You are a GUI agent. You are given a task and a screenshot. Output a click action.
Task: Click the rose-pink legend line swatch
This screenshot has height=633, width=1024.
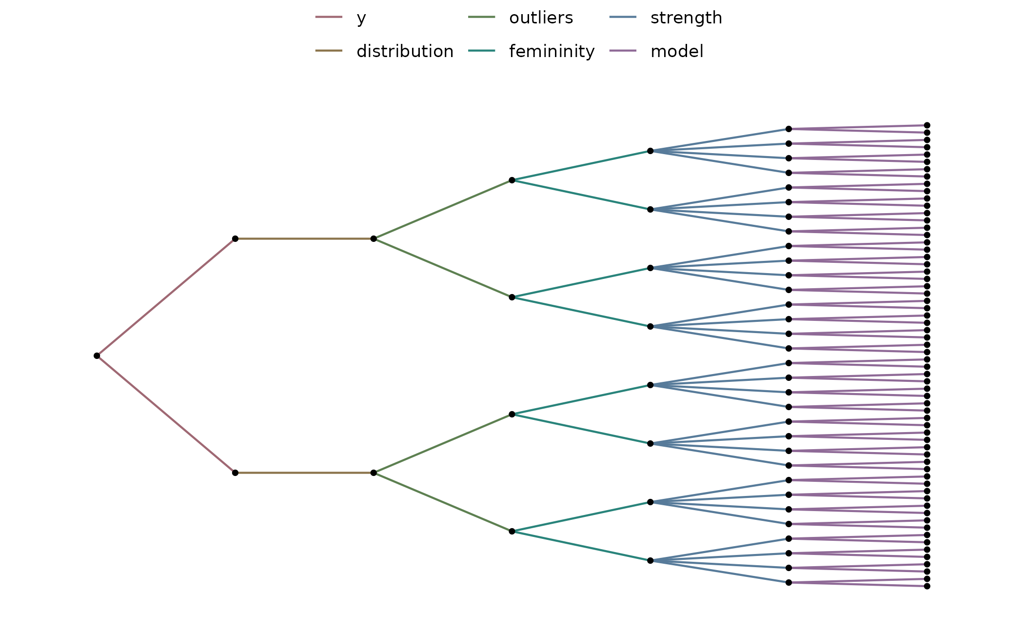click(329, 17)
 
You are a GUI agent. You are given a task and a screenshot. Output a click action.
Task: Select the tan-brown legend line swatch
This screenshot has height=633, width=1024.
click(329, 50)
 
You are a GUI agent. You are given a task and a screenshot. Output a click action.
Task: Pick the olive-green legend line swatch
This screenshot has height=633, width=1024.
click(481, 17)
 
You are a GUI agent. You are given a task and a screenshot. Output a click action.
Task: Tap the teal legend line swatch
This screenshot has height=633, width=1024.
click(481, 50)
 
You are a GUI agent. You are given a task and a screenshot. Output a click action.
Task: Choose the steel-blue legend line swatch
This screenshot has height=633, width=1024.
click(623, 17)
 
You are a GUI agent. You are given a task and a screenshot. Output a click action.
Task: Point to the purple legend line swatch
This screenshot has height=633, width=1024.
click(623, 50)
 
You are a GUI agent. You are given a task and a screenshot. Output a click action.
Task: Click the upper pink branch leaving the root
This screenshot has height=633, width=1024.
click(166, 297)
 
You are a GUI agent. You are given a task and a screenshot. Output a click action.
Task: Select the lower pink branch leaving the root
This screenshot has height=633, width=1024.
click(166, 414)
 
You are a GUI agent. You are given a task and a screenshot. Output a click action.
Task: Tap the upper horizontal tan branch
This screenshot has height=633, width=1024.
click(304, 239)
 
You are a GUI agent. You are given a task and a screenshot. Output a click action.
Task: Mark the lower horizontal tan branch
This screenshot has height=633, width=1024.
click(304, 473)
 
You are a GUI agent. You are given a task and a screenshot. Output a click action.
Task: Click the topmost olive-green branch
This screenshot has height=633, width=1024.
click(443, 210)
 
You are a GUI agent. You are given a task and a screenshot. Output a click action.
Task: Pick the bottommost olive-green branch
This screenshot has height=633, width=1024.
click(443, 502)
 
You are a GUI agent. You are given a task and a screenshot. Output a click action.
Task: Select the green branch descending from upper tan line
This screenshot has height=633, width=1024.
click(443, 268)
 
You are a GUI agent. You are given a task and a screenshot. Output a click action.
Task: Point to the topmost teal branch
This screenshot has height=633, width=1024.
click(581, 166)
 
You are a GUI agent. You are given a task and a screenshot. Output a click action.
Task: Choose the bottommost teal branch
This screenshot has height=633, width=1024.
click(581, 546)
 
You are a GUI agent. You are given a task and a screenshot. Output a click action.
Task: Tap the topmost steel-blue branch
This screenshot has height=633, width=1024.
click(719, 140)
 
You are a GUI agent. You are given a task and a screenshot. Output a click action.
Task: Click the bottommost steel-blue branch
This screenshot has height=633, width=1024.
click(719, 571)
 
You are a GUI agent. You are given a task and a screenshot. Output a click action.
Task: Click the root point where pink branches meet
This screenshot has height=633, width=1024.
click(99, 356)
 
